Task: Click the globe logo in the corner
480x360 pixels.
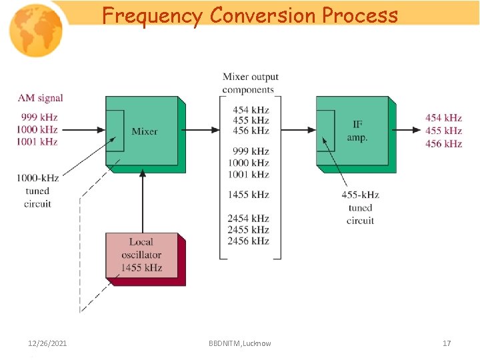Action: coord(35,30)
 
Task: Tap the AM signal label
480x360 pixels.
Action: coord(41,98)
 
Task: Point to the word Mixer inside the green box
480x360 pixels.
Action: coord(145,131)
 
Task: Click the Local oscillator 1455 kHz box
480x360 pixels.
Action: coord(141,256)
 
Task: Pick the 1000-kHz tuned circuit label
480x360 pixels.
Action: coord(37,191)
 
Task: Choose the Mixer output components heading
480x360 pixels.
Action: coord(250,83)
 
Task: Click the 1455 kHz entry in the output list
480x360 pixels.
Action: coord(248,195)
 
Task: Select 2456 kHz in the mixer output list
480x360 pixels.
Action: coord(248,241)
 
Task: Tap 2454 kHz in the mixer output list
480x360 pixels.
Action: coord(248,218)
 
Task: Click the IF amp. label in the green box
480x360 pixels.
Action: coord(357,131)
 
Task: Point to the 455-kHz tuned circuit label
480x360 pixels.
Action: coord(360,207)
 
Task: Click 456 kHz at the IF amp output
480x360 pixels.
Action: coord(443,143)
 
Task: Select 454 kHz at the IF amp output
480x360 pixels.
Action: coord(443,118)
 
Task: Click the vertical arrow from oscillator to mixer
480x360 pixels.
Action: coord(142,200)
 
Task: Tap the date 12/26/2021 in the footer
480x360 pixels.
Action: coord(47,343)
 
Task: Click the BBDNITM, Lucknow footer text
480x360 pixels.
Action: coord(239,343)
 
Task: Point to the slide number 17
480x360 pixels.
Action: coord(447,343)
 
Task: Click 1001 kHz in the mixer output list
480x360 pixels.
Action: coord(248,175)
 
